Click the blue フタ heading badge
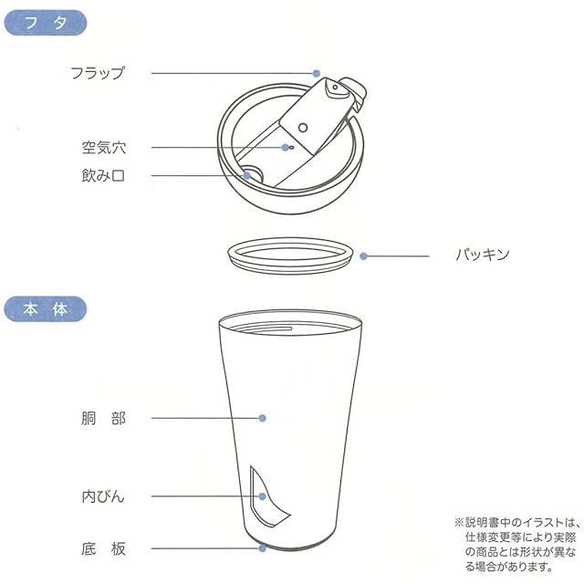46,23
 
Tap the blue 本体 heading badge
46,309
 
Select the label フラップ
98,73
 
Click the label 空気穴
104,148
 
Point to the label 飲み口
103,175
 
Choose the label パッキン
483,255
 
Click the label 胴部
103,418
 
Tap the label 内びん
103,496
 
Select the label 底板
103,548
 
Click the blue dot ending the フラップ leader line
317,73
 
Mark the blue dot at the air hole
286,148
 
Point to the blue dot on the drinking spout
247,175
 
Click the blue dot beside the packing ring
364,255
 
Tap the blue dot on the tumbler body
262,418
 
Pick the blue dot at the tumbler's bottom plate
262,548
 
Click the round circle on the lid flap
303,128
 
